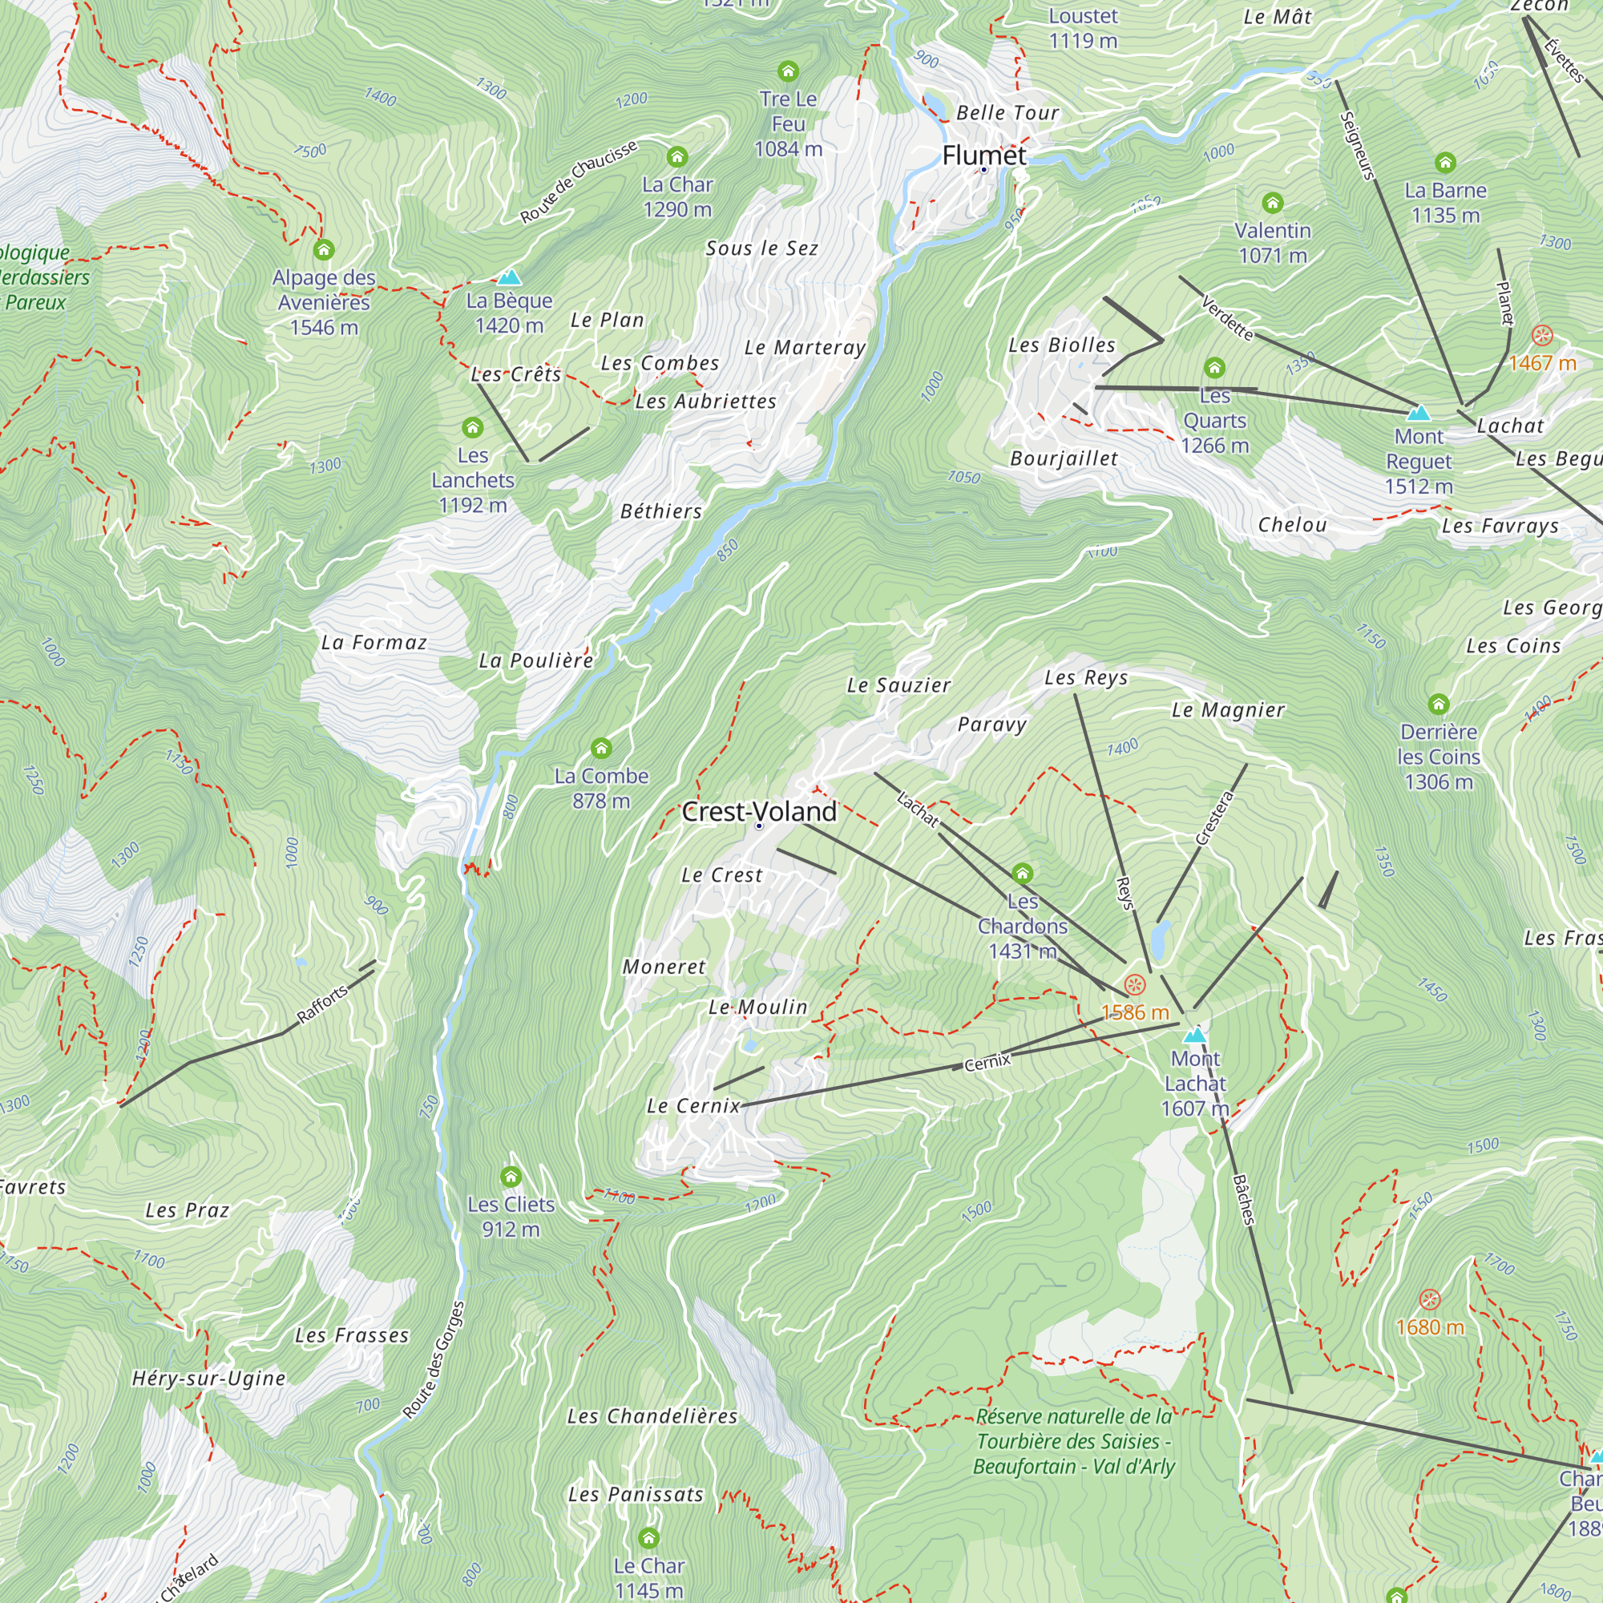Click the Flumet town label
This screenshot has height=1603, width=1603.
(984, 155)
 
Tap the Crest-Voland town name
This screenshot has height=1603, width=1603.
(759, 811)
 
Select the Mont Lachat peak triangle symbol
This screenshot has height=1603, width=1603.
(1195, 1035)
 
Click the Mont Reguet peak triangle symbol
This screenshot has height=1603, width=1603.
(1419, 412)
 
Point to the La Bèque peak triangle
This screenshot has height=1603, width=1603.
(509, 277)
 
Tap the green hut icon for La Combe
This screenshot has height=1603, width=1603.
(602, 749)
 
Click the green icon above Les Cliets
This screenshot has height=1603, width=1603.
(511, 1177)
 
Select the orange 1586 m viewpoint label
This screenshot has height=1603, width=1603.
(1135, 1012)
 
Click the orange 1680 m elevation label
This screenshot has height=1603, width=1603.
(1430, 1326)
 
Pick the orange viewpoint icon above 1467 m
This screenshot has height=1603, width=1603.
(1541, 335)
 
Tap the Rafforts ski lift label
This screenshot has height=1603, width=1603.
(322, 1005)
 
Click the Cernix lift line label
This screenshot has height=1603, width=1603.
(987, 1062)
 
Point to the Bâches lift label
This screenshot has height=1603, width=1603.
(1243, 1200)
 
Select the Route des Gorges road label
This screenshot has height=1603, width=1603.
(434, 1361)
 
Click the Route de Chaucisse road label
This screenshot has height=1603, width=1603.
(579, 182)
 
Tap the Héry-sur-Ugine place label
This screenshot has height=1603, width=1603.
(209, 1378)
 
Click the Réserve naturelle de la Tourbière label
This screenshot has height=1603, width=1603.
(1075, 1441)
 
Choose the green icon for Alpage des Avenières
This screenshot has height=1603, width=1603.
(324, 250)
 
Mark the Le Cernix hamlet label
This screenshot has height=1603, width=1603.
(692, 1105)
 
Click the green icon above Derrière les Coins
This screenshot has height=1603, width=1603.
(1439, 705)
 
